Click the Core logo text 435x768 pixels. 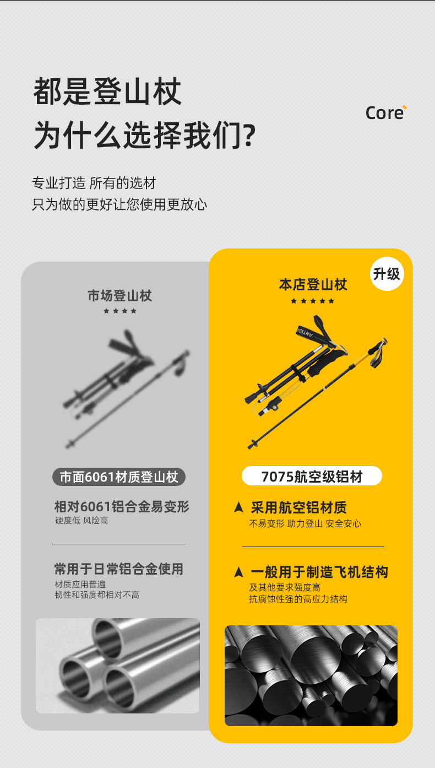pos(385,113)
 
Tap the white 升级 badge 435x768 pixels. pos(387,273)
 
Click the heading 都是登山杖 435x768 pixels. pos(107,91)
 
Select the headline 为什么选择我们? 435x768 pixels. pos(144,136)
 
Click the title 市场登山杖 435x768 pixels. pos(119,296)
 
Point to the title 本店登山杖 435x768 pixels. pos(313,285)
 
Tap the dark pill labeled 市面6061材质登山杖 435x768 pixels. pos(119,477)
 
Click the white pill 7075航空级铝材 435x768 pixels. pos(312,476)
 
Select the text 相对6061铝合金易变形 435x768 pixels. pos(122,506)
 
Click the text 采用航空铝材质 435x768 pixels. pos(298,507)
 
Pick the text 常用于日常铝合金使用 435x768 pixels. pos(118,569)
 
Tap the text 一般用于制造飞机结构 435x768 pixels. pos(319,572)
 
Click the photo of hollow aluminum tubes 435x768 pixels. pos(118,666)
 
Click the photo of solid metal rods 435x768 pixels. pos(311,675)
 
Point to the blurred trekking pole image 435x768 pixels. pos(126,386)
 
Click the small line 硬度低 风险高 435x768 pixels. pos(81,521)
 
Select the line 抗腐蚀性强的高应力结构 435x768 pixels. pos(298,599)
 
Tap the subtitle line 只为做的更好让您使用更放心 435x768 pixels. pos(119,204)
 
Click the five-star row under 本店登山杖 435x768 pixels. pos(312,301)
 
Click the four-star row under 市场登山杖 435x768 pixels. pos(119,311)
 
